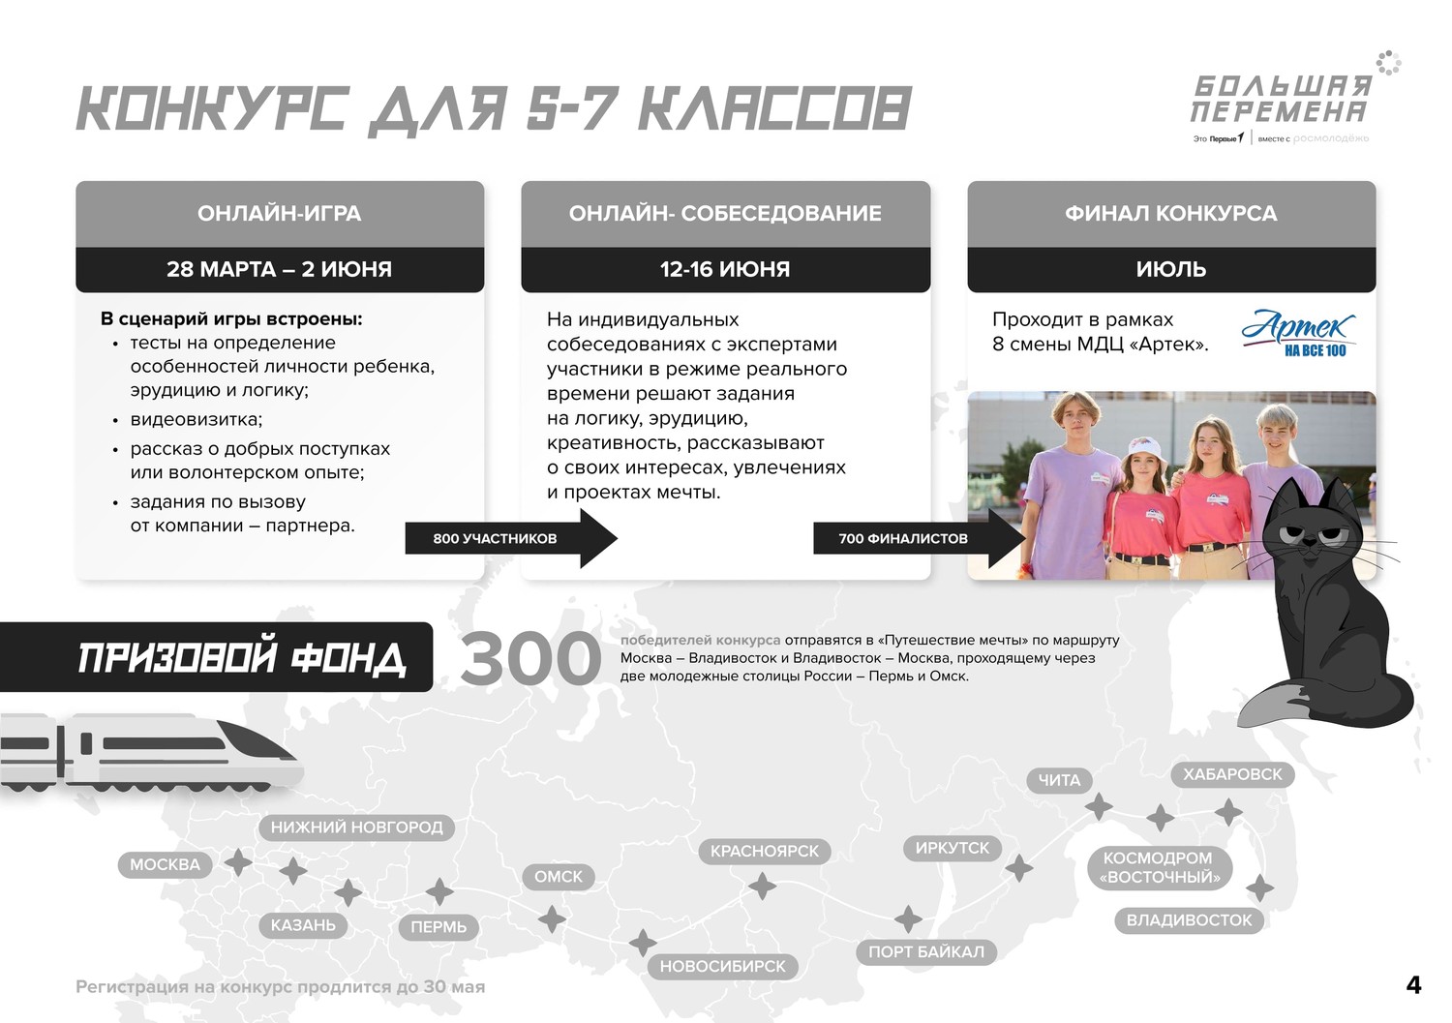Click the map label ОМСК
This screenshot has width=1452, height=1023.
point(559,877)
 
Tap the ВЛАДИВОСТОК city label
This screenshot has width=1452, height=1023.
point(1189,919)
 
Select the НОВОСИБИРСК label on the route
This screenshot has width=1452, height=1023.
point(723,966)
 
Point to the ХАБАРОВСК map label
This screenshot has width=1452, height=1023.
point(1232,774)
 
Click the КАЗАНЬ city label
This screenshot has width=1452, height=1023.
point(303,924)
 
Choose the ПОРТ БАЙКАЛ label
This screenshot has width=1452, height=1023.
point(926,951)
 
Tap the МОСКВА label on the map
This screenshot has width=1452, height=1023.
point(166,864)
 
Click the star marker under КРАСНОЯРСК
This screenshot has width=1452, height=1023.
point(763,887)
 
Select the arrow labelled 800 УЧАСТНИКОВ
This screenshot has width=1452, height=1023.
point(511,538)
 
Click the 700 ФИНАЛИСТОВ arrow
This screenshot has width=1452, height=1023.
point(920,538)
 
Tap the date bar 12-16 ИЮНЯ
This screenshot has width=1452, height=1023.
point(725,269)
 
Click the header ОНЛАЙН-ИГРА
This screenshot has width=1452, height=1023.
point(280,213)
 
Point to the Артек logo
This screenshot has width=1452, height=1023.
point(1298,333)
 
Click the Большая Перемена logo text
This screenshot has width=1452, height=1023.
point(1281,99)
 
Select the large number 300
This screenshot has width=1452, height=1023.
point(530,658)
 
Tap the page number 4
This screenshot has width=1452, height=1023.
point(1413,985)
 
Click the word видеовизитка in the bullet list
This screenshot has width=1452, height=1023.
point(197,419)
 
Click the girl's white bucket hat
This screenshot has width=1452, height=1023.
point(1147,450)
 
